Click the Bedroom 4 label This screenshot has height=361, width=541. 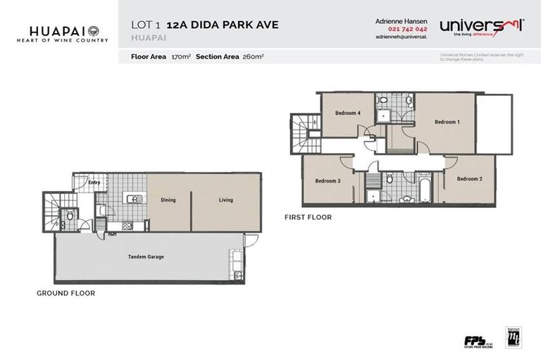[x=348, y=113]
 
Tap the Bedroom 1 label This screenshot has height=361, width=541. [x=447, y=122]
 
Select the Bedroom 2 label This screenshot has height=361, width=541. [x=469, y=179]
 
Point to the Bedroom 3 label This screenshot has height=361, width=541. [x=328, y=181]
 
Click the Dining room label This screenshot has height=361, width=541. [x=168, y=200]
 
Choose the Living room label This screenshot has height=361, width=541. [x=225, y=200]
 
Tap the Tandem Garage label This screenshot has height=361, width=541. [x=146, y=257]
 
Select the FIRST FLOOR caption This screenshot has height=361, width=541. [x=308, y=217]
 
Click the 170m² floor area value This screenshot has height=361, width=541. [x=181, y=55]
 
